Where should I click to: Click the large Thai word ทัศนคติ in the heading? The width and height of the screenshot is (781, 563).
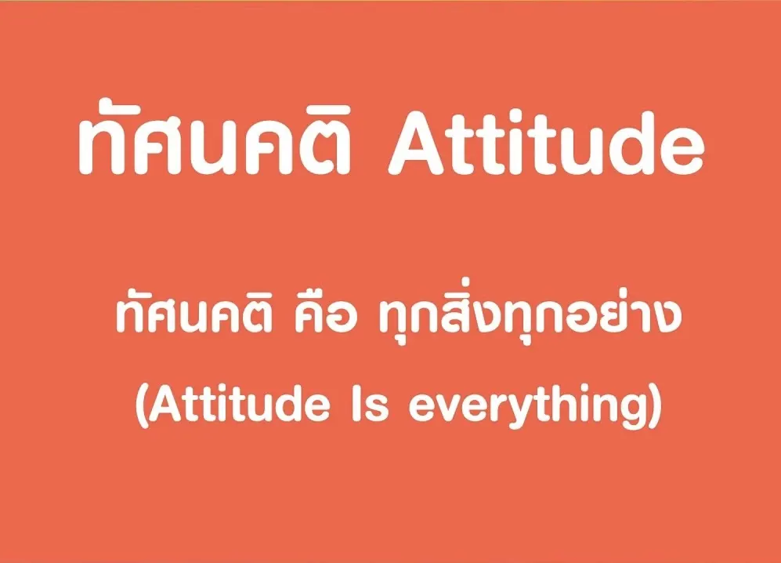coord(215,136)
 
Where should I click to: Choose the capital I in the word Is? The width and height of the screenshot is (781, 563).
coord(357,404)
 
